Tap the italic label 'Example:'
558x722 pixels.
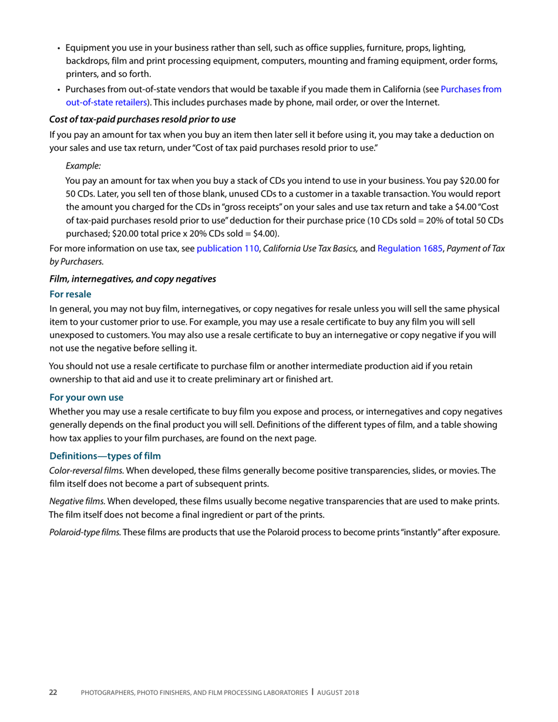[83, 166]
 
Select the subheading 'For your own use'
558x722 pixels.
[86, 397]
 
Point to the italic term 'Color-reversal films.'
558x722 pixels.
[86, 470]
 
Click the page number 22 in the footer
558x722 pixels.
[53, 693]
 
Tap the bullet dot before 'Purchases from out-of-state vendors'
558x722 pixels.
[59, 90]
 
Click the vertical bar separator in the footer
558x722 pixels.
[312, 692]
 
